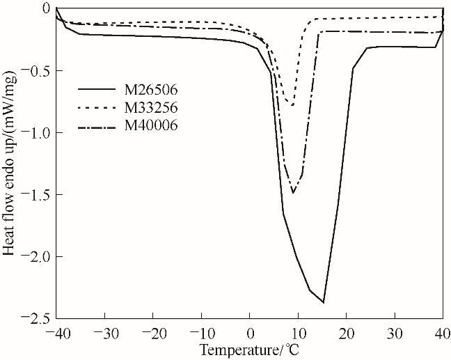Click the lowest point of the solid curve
tap(323, 302)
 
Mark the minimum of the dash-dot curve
tap(293, 193)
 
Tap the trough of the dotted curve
tap(292, 106)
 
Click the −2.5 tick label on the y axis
tap(35, 318)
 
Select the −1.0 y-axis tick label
tap(35, 132)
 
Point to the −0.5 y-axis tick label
tap(35, 70)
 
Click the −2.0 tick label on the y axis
tap(35, 256)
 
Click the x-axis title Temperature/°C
tap(249, 349)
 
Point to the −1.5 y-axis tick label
tap(35, 194)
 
